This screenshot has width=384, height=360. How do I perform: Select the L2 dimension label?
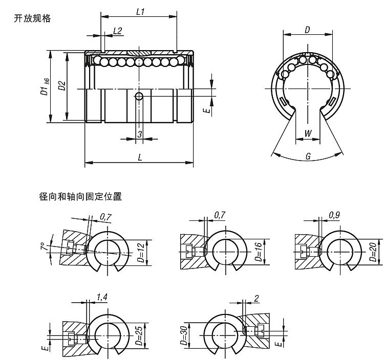(x=117, y=31)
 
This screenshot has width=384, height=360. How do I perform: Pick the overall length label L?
(x=139, y=157)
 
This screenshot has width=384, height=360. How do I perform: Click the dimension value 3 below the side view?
(x=140, y=134)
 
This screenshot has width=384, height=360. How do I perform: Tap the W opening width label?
(x=308, y=133)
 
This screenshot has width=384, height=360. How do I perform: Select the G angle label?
(x=308, y=156)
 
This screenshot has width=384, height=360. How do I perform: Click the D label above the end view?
(x=307, y=30)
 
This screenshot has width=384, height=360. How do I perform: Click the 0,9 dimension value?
(x=334, y=215)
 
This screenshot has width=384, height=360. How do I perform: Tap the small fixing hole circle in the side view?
(x=139, y=97)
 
